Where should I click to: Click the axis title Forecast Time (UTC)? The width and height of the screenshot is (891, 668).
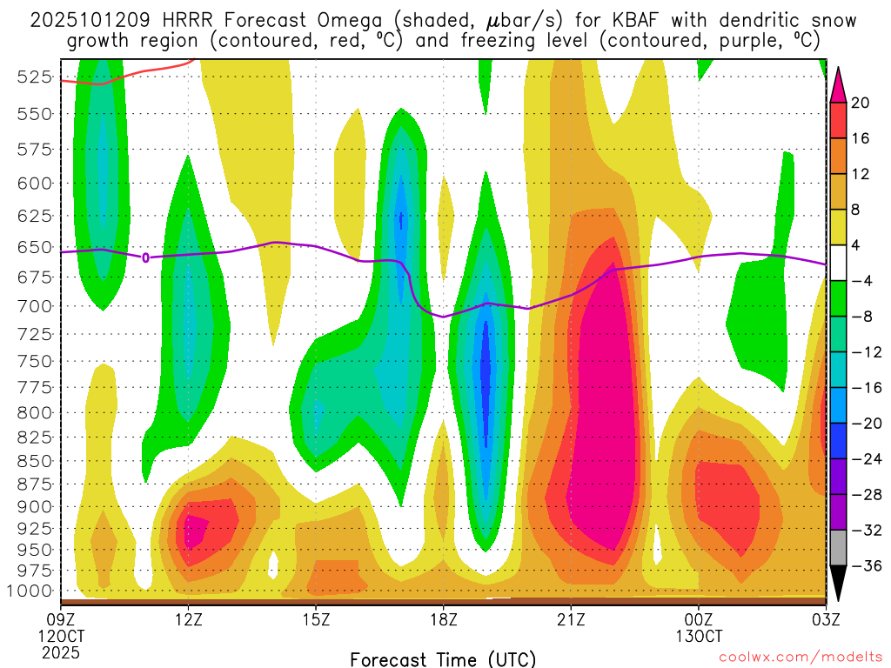[443, 658]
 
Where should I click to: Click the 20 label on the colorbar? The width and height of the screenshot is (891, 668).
[861, 103]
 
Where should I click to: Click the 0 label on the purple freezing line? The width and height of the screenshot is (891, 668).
[145, 257]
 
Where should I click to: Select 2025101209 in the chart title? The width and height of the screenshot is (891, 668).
[85, 20]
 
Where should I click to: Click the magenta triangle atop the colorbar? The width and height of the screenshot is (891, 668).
[838, 83]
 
